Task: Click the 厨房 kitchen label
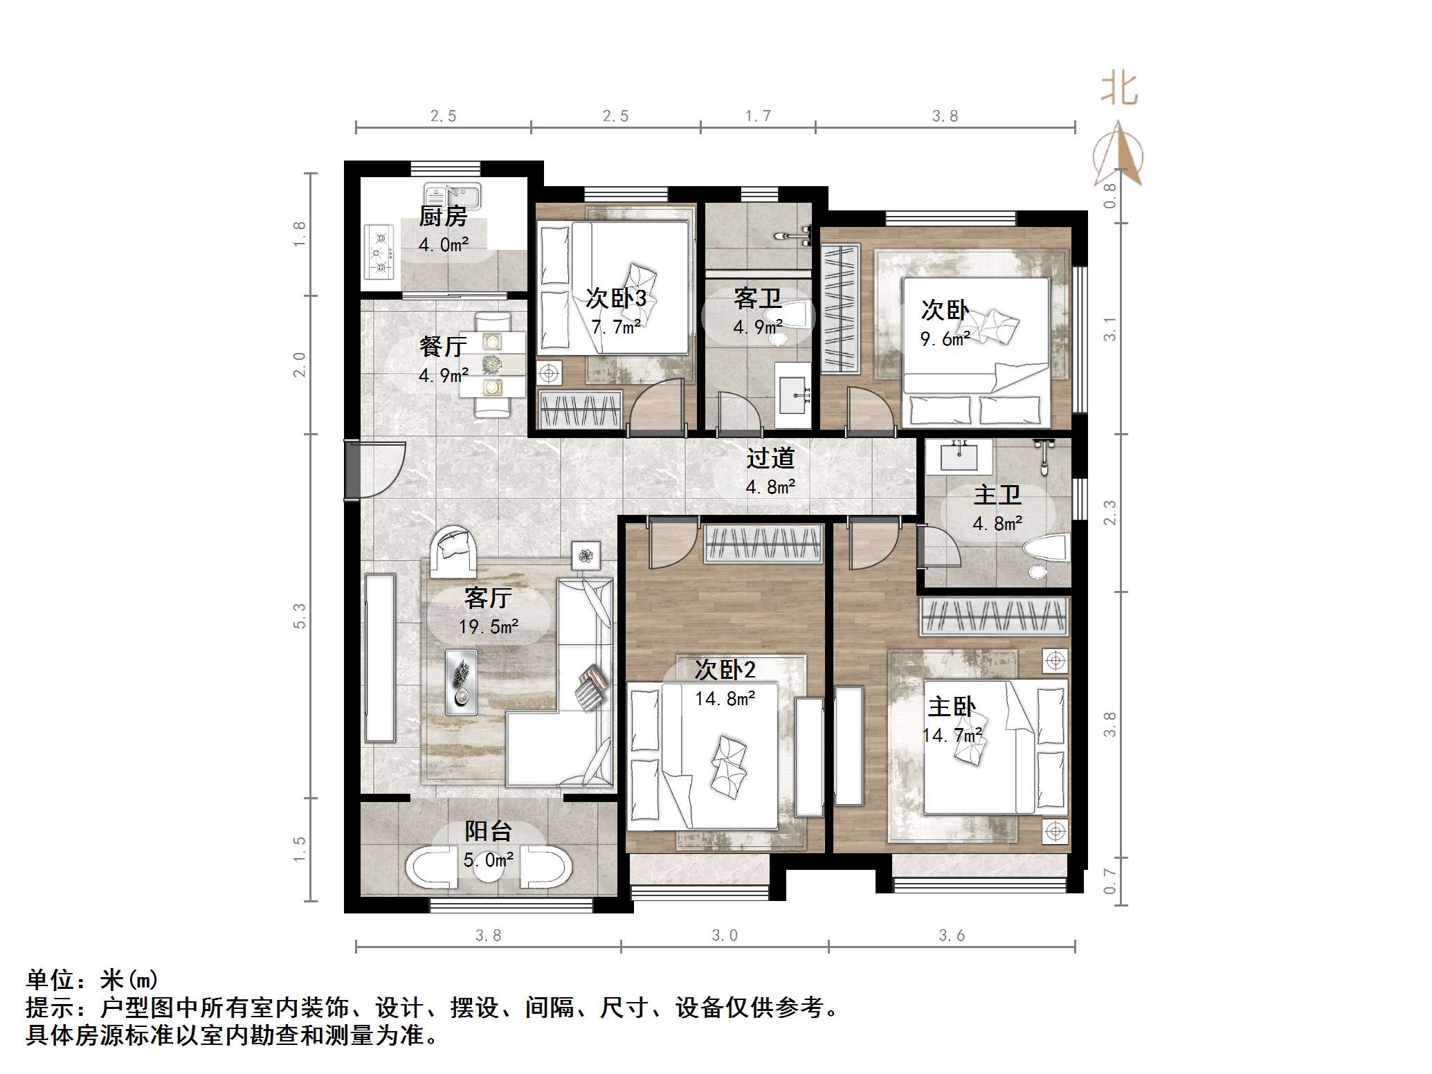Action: (443, 217)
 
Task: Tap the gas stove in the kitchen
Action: (379, 252)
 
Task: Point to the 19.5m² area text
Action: (488, 627)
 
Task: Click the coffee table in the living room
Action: (461, 682)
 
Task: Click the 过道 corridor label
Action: (770, 458)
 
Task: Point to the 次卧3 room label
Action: (615, 298)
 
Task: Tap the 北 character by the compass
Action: (1119, 90)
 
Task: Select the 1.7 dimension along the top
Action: (757, 116)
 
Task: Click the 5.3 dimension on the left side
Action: (299, 616)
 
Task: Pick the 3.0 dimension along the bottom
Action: (725, 936)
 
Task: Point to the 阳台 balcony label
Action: (488, 831)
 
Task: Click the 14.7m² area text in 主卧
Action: (952, 735)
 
